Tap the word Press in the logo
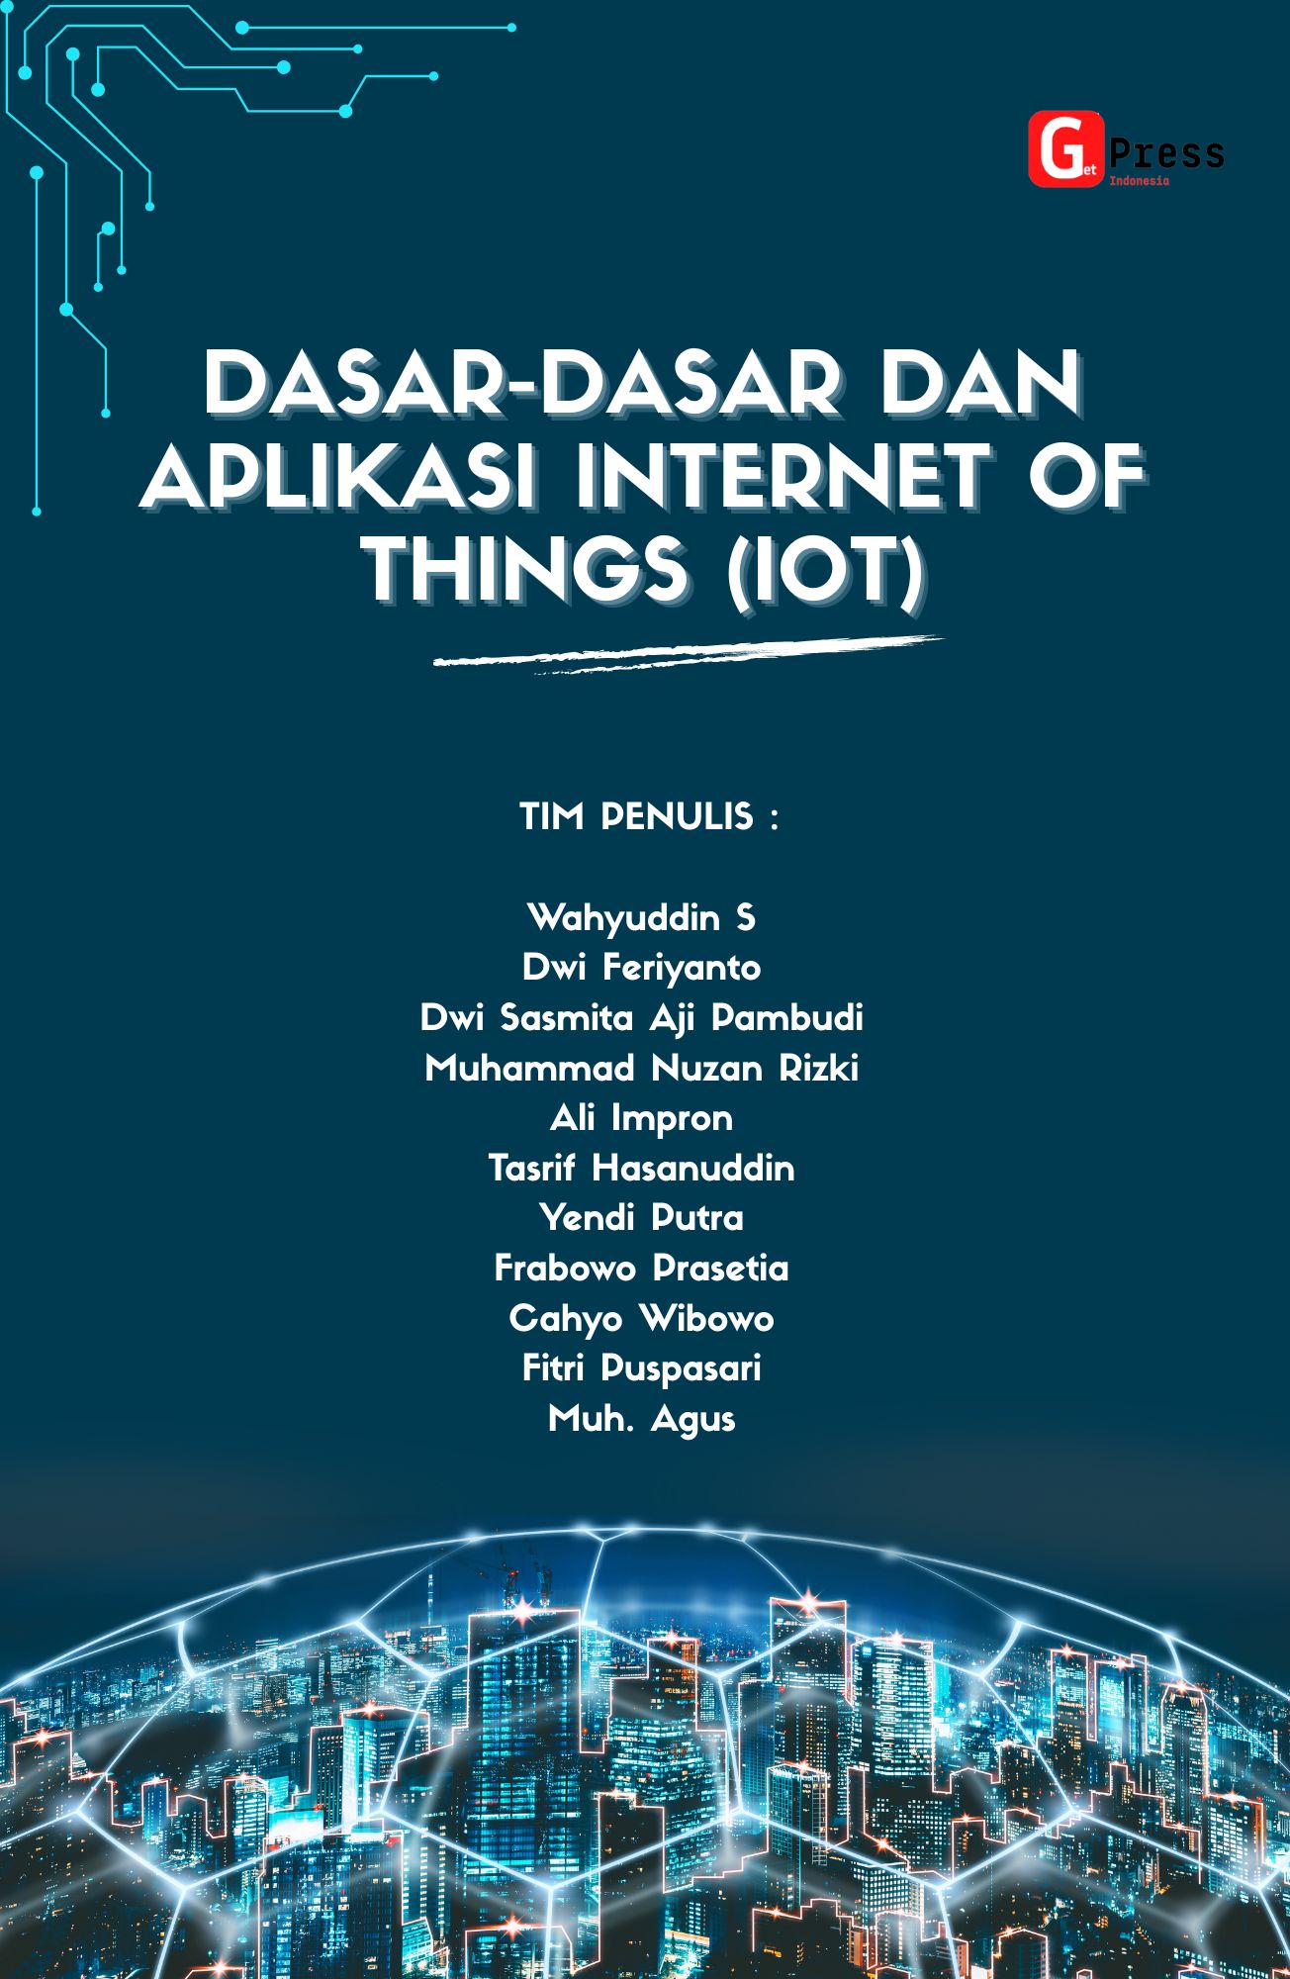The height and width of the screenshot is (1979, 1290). click(1166, 153)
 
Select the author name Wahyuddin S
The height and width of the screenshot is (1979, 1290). click(641, 918)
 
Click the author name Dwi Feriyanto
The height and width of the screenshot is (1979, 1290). click(641, 968)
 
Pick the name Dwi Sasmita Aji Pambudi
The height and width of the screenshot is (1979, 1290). click(641, 1018)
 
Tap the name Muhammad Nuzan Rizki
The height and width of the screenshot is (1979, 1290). click(641, 1069)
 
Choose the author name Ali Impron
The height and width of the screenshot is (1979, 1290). click(641, 1118)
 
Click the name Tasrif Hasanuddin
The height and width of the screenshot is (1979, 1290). click(641, 1169)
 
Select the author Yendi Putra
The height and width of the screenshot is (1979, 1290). click(641, 1218)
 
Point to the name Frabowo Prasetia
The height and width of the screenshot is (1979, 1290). click(641, 1269)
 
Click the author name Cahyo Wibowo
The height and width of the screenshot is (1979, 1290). click(641, 1319)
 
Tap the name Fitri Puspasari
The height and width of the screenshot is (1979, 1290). click(641, 1368)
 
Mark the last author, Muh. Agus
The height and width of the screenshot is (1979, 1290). click(641, 1419)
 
